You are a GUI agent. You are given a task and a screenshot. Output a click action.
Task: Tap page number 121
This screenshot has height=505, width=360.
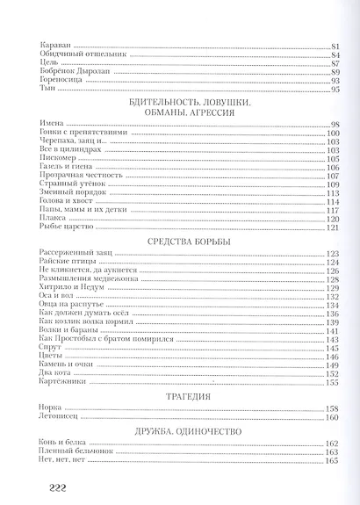(x=333, y=227)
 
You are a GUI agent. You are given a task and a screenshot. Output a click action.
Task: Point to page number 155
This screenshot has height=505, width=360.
(x=333, y=382)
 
